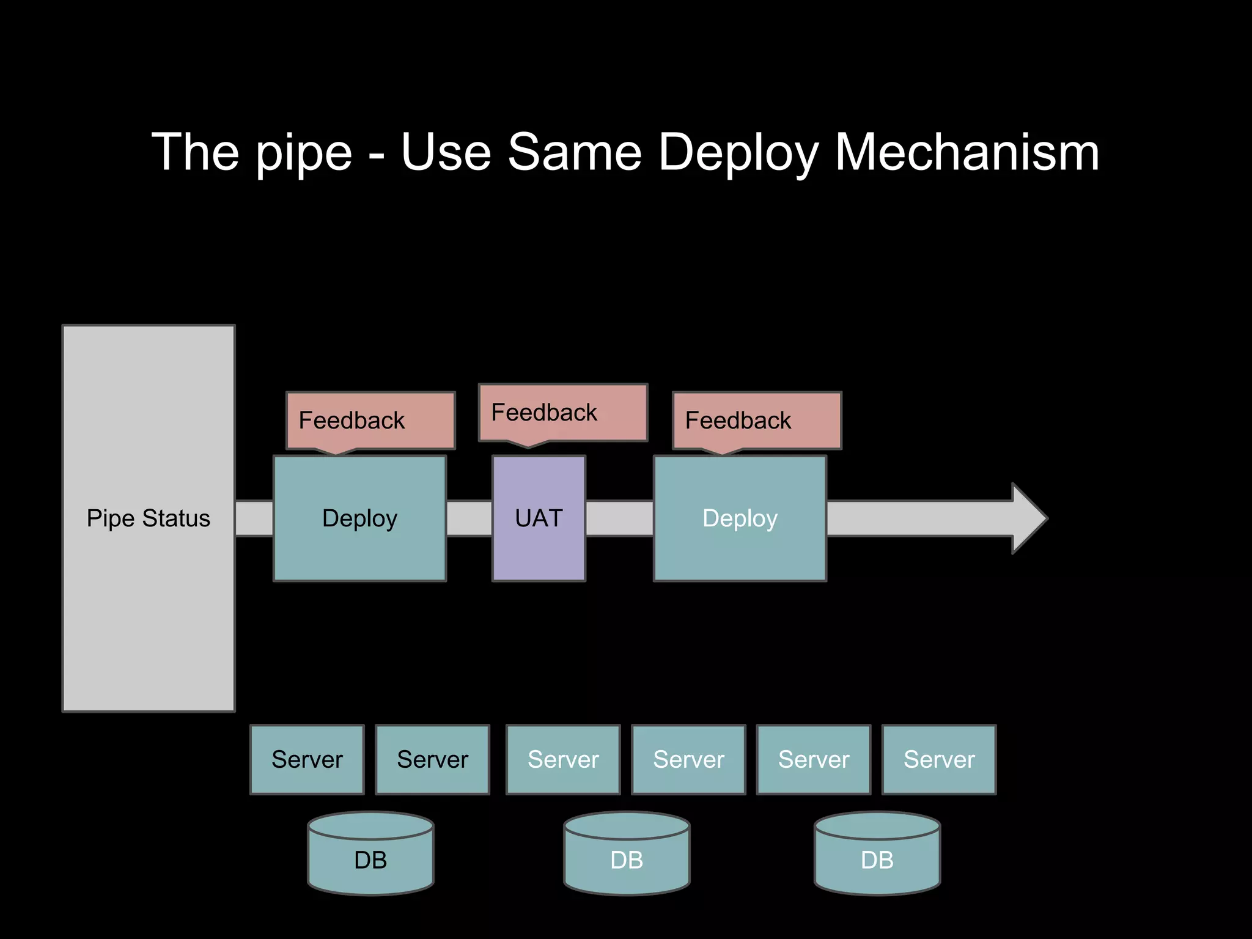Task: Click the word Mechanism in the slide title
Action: [x=967, y=152]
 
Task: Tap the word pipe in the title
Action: [x=304, y=152]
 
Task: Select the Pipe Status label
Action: [x=149, y=518]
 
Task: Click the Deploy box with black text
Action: [x=359, y=518]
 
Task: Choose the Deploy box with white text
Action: [x=740, y=518]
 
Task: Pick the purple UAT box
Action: [x=539, y=518]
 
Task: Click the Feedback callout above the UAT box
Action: [x=562, y=413]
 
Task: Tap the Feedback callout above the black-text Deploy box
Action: [x=370, y=421]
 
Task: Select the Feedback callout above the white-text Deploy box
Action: [x=757, y=421]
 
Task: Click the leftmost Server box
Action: [x=307, y=759]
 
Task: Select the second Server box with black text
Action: [x=432, y=759]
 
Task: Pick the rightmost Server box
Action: [x=939, y=759]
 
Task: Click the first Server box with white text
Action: [x=563, y=759]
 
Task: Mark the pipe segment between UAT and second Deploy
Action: [x=619, y=518]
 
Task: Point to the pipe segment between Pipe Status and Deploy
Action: [x=254, y=518]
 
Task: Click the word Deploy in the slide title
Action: [x=738, y=152]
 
